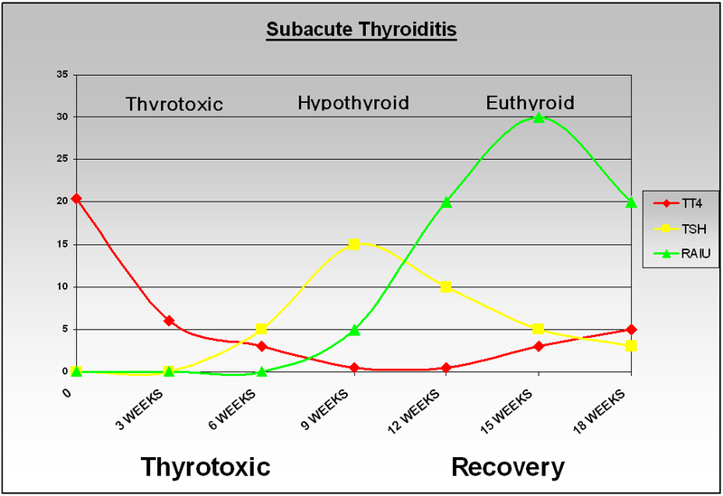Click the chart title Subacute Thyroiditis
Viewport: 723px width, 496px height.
(x=361, y=30)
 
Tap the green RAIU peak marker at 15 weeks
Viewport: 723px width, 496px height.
(x=539, y=117)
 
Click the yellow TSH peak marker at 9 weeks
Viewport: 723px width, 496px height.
(x=354, y=244)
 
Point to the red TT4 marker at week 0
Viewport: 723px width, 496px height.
(x=76, y=198)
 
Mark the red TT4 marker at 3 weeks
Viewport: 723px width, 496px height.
(x=169, y=321)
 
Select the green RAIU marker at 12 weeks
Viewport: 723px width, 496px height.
(x=446, y=201)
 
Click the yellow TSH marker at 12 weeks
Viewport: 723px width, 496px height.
(x=446, y=286)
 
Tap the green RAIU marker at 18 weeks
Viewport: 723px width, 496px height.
(x=632, y=201)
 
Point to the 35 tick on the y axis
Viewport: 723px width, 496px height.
(x=62, y=75)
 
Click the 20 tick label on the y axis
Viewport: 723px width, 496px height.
(x=62, y=201)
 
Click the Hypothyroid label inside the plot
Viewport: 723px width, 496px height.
(x=353, y=102)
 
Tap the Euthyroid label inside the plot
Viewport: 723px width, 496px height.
(x=530, y=102)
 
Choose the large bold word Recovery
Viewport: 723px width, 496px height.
(x=507, y=467)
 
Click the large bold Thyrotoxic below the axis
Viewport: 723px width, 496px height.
(x=205, y=467)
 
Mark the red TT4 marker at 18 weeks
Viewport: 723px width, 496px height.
(x=632, y=330)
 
